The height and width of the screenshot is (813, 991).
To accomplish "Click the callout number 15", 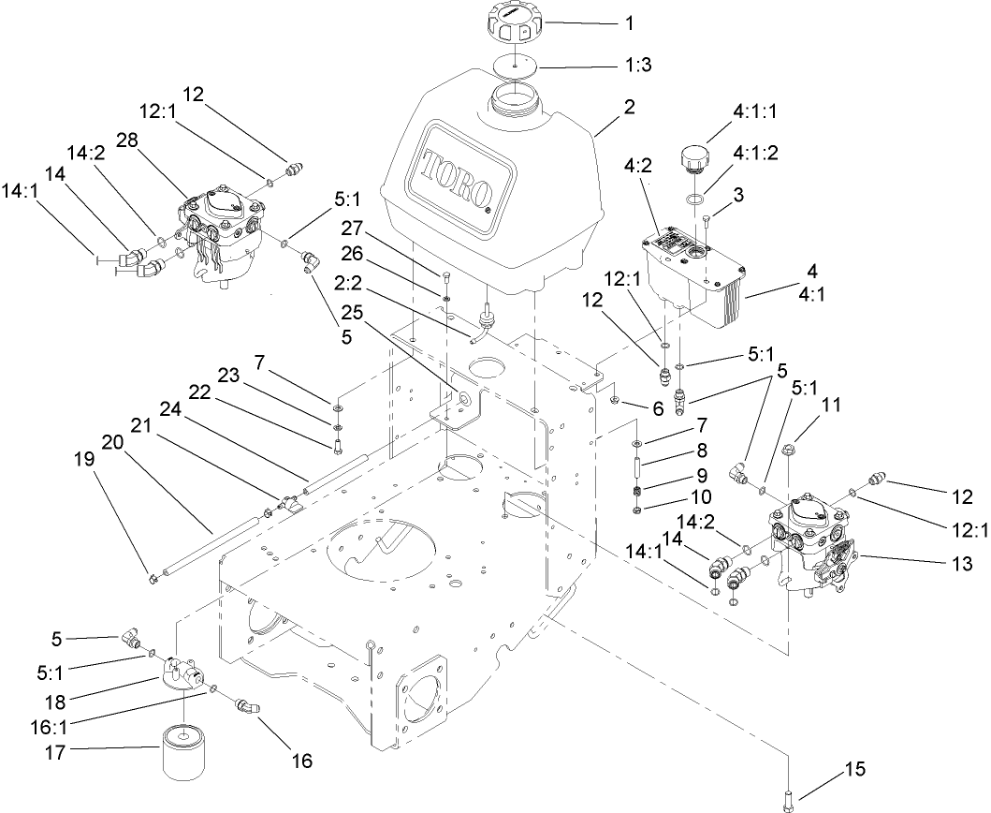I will click(855, 770).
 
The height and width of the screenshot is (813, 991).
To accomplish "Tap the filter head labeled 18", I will click(182, 674).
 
